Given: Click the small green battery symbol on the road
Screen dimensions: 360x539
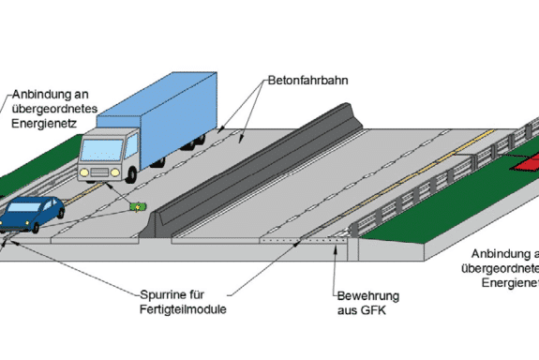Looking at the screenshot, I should pyautogui.click(x=138, y=208).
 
